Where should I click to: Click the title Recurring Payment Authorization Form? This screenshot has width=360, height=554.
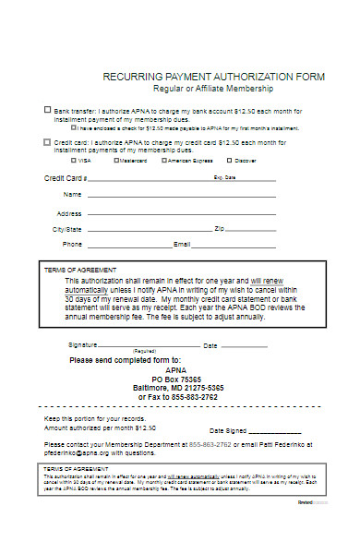pos(213,77)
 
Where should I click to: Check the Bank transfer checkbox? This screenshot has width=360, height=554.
pos(48,109)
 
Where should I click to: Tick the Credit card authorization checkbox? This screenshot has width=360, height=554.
pos(48,142)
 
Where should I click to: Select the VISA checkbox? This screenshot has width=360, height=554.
pos(73,160)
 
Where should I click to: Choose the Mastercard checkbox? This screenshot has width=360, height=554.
pos(117,160)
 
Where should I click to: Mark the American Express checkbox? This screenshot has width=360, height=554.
pos(164,160)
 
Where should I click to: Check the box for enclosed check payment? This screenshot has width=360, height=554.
pos(74,127)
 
